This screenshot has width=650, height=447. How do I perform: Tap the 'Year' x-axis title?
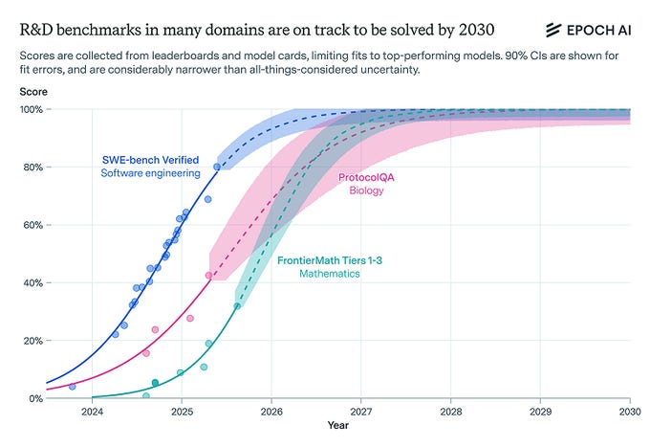tap(338, 424)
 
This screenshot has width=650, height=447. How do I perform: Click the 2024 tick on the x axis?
tap(92, 413)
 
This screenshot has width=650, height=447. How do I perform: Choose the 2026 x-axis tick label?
tap(271, 413)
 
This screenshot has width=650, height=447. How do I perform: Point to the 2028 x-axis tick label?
tap(451, 413)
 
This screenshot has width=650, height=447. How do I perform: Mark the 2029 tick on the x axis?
tap(540, 413)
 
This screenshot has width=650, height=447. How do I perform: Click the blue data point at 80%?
tap(217, 167)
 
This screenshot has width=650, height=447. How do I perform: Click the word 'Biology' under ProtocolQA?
tap(366, 191)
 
